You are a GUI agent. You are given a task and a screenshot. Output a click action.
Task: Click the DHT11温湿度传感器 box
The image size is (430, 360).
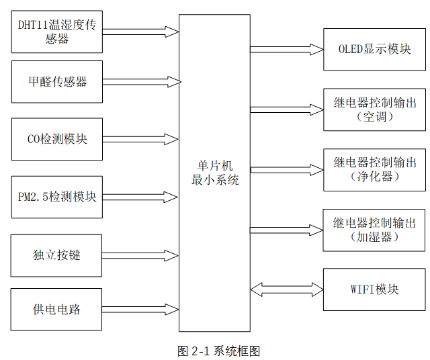[57, 32]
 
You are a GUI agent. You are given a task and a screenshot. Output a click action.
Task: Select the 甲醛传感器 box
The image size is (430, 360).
[57, 82]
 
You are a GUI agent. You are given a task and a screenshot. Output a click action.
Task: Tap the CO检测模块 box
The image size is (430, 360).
[57, 139]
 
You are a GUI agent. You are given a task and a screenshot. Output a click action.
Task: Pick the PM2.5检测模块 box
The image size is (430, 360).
[57, 197]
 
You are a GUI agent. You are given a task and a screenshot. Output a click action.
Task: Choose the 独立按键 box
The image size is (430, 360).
[57, 255]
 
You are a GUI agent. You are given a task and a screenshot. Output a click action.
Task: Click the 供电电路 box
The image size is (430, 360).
[57, 309]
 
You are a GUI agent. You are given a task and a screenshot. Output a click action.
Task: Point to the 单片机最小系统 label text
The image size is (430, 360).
[214, 173]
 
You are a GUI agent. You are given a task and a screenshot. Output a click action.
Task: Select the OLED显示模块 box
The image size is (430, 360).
[374, 50]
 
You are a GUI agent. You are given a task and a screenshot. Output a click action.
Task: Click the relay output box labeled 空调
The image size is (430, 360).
[374, 109]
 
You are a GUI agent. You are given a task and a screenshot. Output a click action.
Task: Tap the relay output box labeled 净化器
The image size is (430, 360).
[374, 169]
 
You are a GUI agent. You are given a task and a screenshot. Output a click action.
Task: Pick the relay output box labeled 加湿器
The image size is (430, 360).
[374, 229]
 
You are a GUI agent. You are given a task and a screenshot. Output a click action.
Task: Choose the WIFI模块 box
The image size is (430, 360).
[374, 289]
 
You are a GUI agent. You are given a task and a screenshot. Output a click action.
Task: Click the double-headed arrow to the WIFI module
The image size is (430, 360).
[287, 289]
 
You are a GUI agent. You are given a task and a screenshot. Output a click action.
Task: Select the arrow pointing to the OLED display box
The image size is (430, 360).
[287, 49]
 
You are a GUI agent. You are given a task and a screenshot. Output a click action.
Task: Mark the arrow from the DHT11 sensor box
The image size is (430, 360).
[141, 32]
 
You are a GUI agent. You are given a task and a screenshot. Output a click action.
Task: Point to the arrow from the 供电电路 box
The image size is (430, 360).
[141, 309]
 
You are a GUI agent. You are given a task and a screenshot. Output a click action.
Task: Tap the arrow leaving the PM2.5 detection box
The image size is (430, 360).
[141, 197]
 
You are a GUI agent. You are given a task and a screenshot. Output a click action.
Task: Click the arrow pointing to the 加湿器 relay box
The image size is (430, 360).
[287, 230]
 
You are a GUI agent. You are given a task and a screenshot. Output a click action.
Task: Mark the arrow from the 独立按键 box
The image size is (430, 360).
[141, 255]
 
